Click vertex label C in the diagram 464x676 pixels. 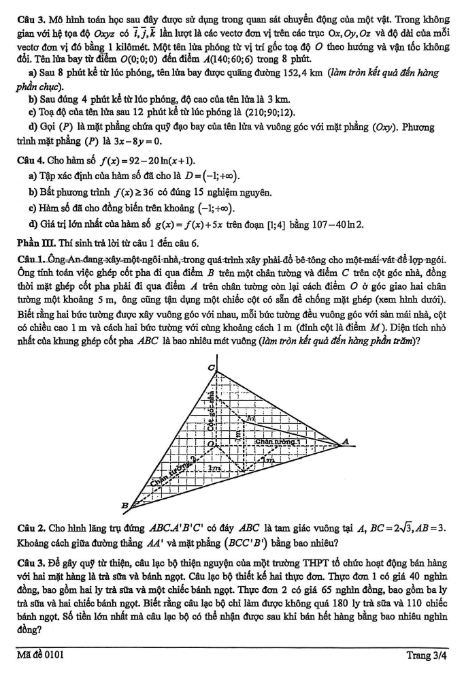(x=210, y=369)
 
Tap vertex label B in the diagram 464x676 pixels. (x=124, y=505)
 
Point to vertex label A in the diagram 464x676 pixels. (x=346, y=441)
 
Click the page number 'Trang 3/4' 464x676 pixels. (x=426, y=656)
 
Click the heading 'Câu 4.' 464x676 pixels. (x=29, y=161)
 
